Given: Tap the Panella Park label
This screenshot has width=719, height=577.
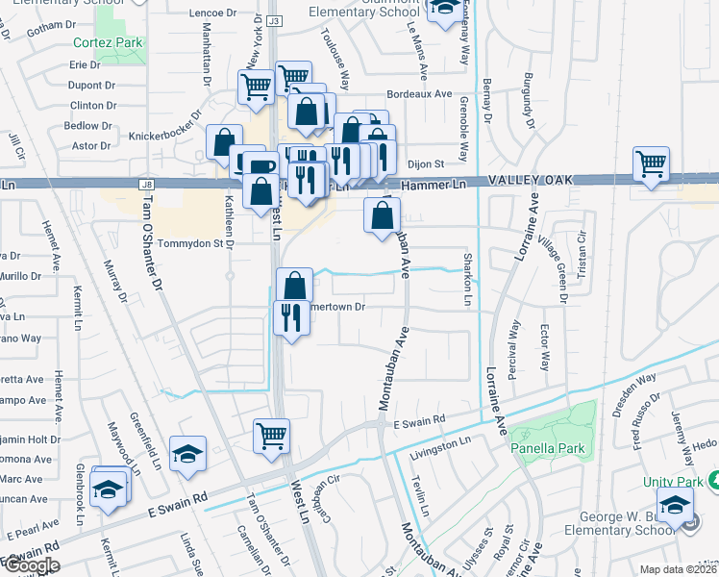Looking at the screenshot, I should [x=547, y=447].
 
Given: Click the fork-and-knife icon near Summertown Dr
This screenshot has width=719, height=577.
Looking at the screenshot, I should [x=290, y=315].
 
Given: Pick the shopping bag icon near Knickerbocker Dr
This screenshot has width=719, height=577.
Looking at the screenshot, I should [x=224, y=142].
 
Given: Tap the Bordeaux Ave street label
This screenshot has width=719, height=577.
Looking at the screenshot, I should [x=418, y=94].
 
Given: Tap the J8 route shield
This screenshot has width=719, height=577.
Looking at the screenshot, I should [x=146, y=184].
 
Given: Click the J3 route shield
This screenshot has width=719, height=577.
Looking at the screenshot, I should [x=274, y=20].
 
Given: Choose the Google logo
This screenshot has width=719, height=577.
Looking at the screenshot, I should [x=32, y=565].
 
